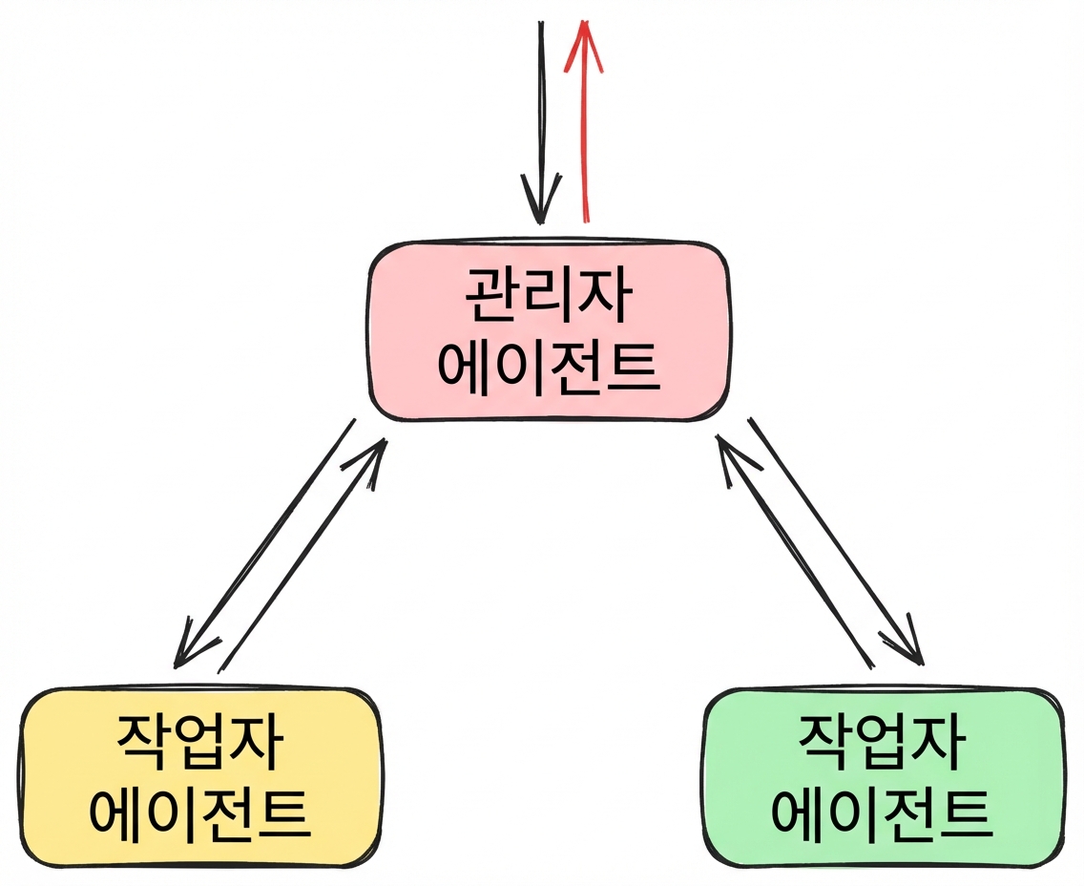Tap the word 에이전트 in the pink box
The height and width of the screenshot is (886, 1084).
click(549, 368)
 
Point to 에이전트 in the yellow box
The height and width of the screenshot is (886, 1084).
click(199, 813)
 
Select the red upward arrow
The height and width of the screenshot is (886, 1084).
click(585, 122)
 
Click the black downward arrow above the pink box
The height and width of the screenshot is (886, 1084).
click(541, 123)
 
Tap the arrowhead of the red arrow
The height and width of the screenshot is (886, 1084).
click(584, 45)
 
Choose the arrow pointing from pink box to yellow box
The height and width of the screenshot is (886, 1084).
click(265, 543)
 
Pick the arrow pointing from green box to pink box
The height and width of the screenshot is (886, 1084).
click(795, 551)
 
